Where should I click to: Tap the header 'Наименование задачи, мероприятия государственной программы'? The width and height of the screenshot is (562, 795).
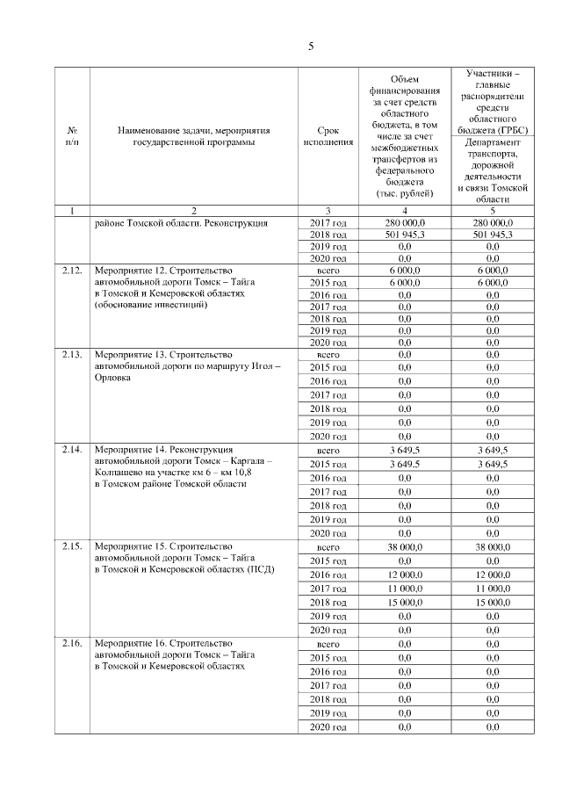click(x=193, y=137)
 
